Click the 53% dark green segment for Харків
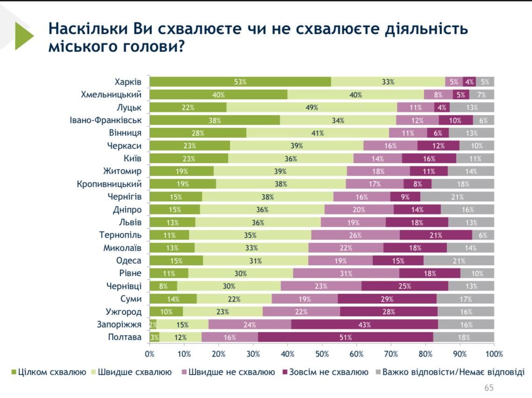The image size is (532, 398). click(241, 82)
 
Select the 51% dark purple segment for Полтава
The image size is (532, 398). click(345, 337)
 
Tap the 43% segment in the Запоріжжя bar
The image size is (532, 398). click(365, 324)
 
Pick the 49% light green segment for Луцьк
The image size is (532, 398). click(312, 108)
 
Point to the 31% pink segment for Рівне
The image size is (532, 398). click(346, 273)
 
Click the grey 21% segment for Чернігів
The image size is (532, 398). click(457, 197)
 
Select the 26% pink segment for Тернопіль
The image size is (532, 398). click(355, 235)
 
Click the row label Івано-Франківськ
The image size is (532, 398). click(105, 120)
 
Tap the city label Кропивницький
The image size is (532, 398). click(109, 184)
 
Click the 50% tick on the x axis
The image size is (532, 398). click(322, 354)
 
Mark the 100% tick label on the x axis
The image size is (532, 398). click(494, 354)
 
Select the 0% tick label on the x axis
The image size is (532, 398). click(150, 354)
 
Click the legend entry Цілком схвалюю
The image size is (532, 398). click(48, 372)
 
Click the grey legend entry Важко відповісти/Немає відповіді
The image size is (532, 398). click(450, 372)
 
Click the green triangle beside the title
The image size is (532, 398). click(24, 36)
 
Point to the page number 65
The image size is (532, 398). click(489, 388)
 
